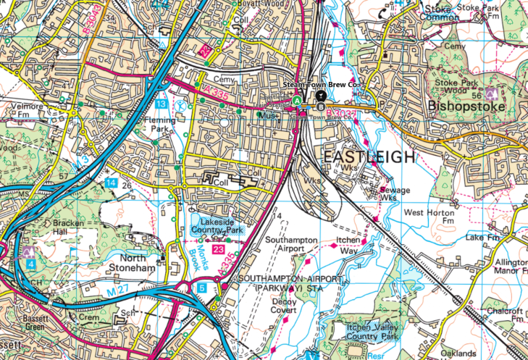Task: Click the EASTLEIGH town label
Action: click(369, 157)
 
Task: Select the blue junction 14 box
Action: click(111, 183)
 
